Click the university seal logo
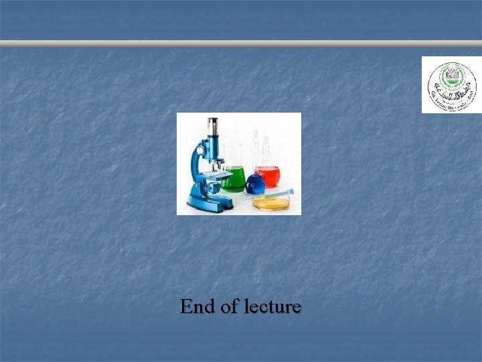coord(452,84)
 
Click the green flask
coord(234,177)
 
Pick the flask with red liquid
coord(268,175)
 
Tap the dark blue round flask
coord(255,183)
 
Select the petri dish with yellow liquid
coord(271,202)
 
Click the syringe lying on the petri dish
coord(268,195)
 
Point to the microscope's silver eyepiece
coord(213,125)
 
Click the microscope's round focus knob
coord(198,152)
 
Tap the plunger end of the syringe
coord(290,191)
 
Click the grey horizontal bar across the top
coord(241,44)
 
